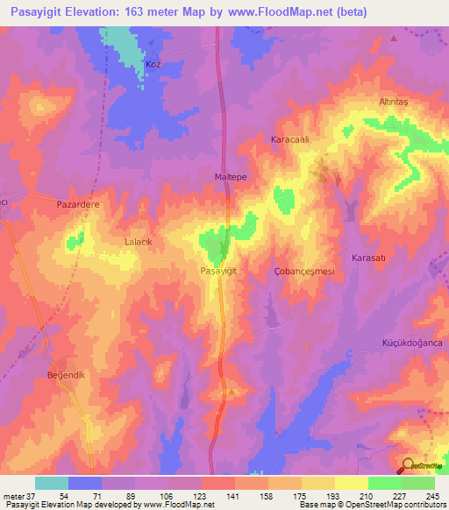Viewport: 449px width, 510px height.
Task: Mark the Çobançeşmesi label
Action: [x=304, y=272]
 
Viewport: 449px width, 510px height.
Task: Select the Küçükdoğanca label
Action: [x=409, y=343]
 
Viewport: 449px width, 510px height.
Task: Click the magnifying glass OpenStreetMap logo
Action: [x=408, y=465]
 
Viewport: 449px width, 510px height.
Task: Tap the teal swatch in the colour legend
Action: [x=52, y=483]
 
